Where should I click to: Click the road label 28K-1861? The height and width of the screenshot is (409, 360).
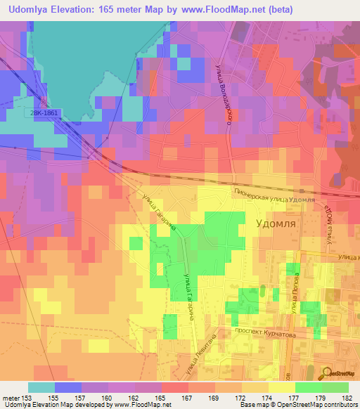[x=46, y=112]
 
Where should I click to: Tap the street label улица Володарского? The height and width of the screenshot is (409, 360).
[x=224, y=91]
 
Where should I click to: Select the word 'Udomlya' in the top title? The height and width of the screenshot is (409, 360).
[x=35, y=10]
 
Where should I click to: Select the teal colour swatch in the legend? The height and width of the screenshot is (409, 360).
[x=41, y=387]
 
